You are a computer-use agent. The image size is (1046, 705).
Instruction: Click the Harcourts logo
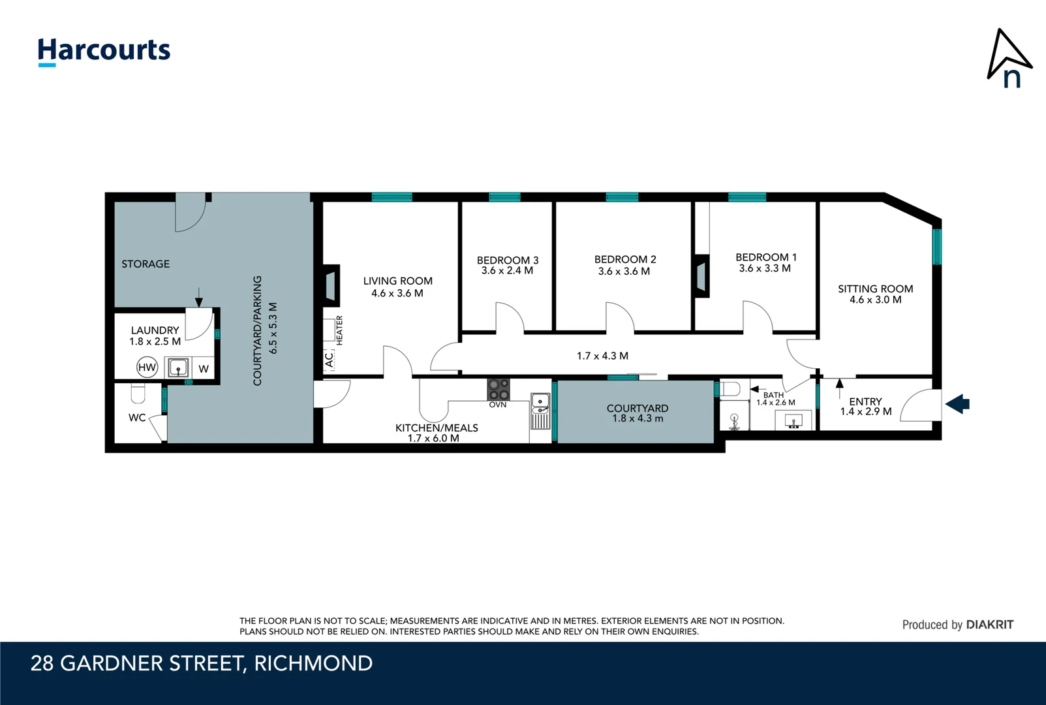click(104, 51)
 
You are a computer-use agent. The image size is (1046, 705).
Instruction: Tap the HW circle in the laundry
click(147, 368)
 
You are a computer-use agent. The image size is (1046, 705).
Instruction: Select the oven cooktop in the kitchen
click(499, 390)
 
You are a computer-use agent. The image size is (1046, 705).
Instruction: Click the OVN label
click(498, 405)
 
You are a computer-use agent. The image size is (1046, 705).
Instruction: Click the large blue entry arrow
click(957, 404)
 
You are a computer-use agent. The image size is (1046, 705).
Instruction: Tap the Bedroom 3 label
click(508, 260)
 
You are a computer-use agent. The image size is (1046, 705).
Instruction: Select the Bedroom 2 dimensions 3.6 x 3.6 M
click(624, 272)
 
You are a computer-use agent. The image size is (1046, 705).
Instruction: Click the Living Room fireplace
click(331, 285)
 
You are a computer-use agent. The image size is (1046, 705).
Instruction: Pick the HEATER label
click(340, 330)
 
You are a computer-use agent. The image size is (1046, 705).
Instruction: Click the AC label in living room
click(330, 360)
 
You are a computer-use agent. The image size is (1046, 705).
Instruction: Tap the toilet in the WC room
click(138, 394)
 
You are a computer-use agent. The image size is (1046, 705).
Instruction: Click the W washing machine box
click(204, 369)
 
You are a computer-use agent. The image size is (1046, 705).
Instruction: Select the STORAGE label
click(146, 264)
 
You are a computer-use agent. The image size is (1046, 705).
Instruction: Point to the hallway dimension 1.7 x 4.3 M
click(602, 356)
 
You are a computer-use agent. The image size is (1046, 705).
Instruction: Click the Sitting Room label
click(875, 289)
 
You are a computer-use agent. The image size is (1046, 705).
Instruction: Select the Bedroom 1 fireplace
click(701, 275)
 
